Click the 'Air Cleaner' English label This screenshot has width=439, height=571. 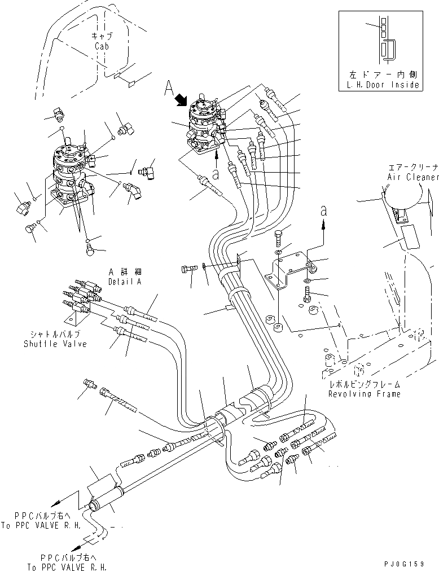pyautogui.click(x=412, y=177)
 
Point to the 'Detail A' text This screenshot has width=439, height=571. pyautogui.click(x=125, y=281)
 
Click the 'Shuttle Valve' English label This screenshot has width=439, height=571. pyautogui.click(x=55, y=344)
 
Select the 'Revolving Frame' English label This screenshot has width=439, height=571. pyautogui.click(x=365, y=394)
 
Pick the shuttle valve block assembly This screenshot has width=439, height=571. pyautogui.click(x=78, y=297)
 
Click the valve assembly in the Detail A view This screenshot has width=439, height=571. pyautogui.click(x=71, y=175)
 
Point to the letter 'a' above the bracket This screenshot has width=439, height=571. pyautogui.click(x=323, y=210)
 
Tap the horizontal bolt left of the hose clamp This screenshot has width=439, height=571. pyautogui.click(x=189, y=269)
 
